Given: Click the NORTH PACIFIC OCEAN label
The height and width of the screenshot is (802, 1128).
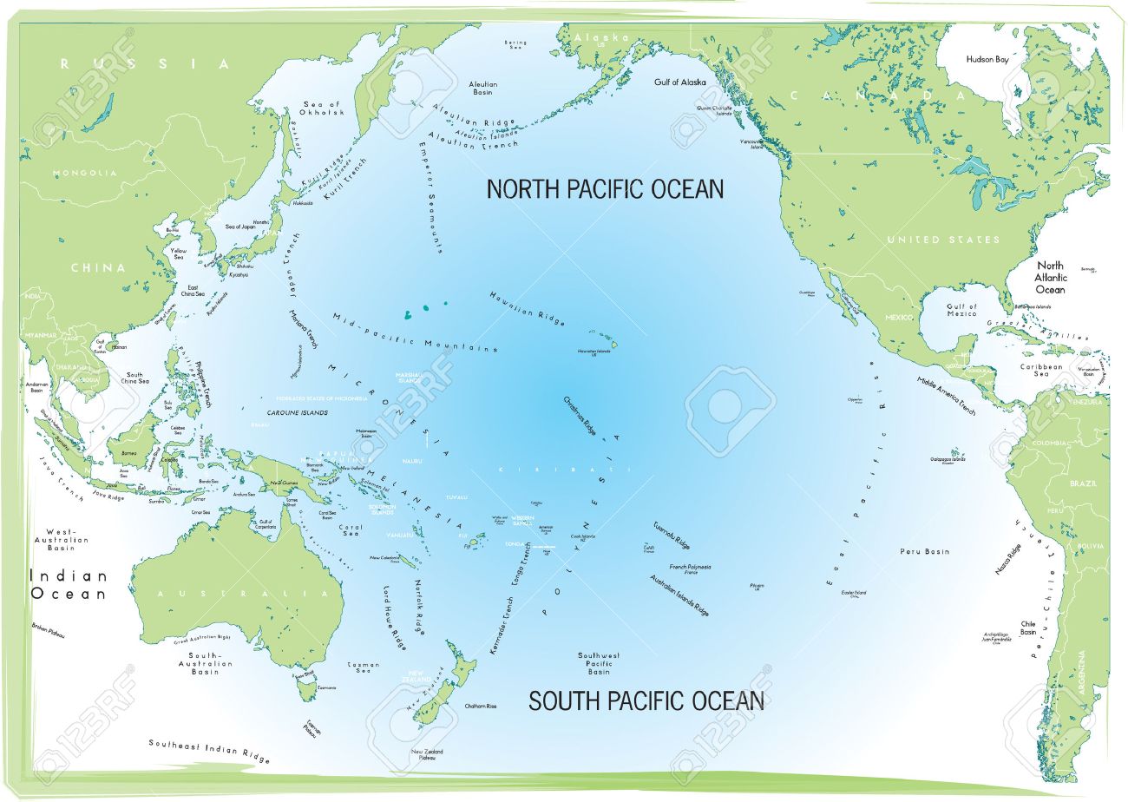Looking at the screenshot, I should [604, 188].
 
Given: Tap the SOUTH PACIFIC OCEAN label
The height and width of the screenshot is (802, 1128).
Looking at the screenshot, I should [646, 700].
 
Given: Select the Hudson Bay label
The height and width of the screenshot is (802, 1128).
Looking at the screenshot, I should [987, 60].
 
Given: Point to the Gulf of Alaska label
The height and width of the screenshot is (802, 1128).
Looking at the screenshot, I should [679, 82].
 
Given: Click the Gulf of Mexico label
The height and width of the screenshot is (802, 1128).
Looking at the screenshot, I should [961, 310].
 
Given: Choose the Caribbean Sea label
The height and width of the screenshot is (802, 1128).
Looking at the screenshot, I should [1041, 371].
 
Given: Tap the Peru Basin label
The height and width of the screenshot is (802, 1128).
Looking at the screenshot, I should [924, 551].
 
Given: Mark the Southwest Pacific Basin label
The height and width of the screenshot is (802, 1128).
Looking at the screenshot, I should [599, 663].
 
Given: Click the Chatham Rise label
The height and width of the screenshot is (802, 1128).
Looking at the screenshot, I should [481, 707].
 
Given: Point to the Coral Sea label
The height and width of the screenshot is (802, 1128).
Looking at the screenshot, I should [351, 530].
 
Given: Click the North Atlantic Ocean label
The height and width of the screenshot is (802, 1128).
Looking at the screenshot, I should [1050, 277].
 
